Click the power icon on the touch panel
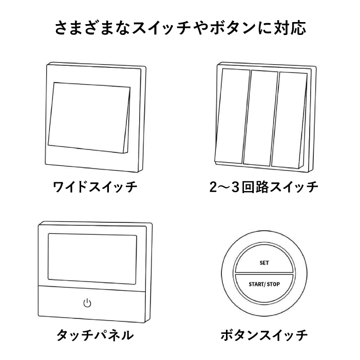pyautogui.click(x=87, y=303)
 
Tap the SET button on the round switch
pyautogui.click(x=264, y=259)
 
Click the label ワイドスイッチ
pyautogui.click(x=95, y=187)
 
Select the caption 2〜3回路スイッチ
pyautogui.click(x=264, y=187)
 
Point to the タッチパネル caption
pyautogui.click(x=95, y=335)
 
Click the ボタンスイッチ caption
pyautogui.click(x=264, y=335)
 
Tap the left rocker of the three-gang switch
pyautogui.click(x=232, y=116)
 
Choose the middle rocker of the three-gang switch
pyautogui.click(x=261, y=118)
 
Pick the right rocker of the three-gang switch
pyautogui.click(x=289, y=120)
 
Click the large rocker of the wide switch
pyautogui.click(x=89, y=118)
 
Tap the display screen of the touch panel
pyautogui.click(x=92, y=259)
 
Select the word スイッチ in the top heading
pyautogui.click(x=161, y=28)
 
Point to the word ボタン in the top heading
pyautogui.click(x=233, y=28)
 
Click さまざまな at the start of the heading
pyautogui.click(x=92, y=28)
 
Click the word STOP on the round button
pyautogui.click(x=273, y=284)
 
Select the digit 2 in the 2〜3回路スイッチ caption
pyautogui.click(x=213, y=187)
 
